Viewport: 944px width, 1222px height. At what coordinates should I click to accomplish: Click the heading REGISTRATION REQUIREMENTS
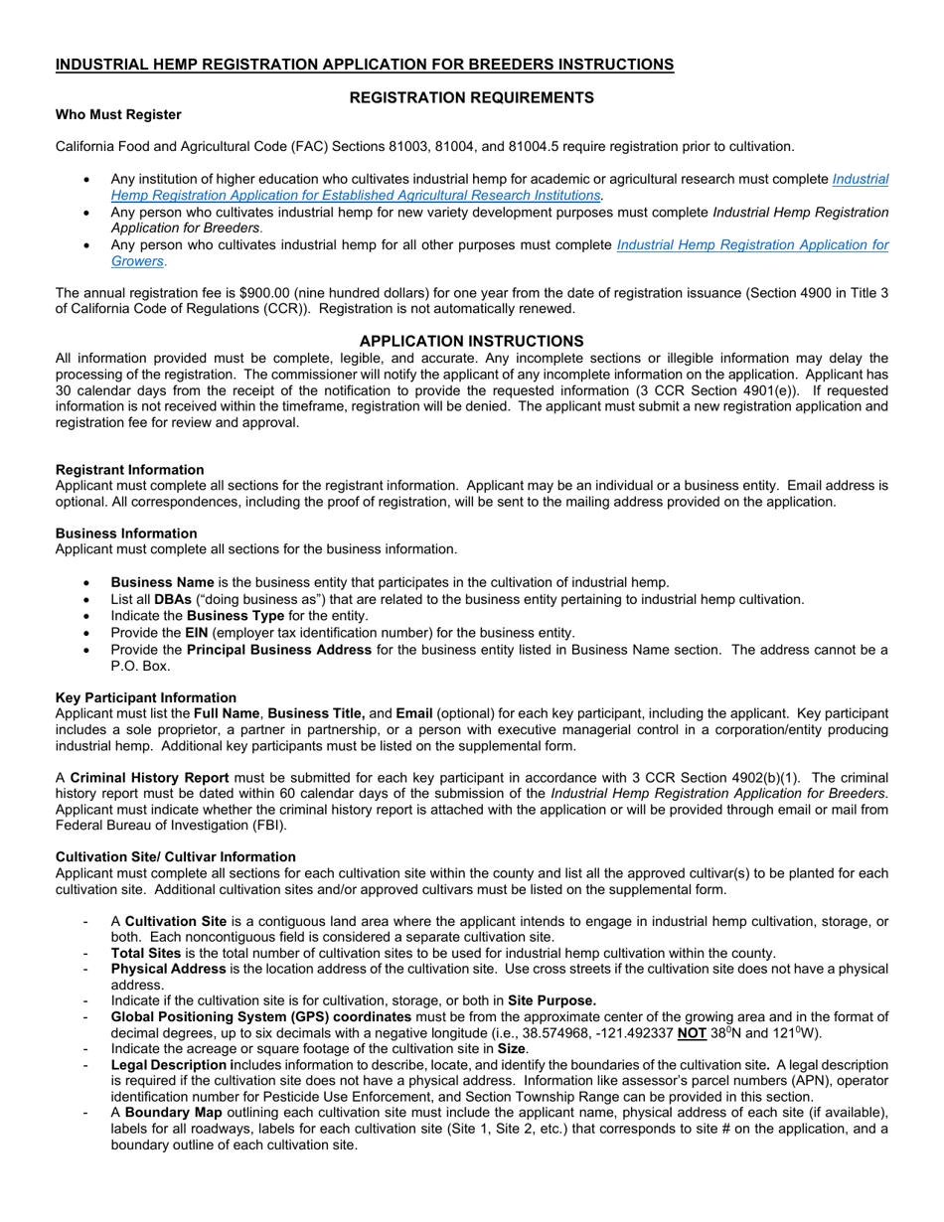tap(472, 97)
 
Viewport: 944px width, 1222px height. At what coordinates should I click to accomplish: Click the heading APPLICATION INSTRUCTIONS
tap(471, 341)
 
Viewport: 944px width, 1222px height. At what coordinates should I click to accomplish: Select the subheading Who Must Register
tap(118, 114)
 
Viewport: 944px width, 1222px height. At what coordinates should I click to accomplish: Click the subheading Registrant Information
tap(129, 470)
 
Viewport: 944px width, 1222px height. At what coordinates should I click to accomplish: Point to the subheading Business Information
tap(126, 534)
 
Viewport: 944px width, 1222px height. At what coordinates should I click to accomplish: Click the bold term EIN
tap(197, 632)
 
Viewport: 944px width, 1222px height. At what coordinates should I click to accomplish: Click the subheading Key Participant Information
tap(146, 697)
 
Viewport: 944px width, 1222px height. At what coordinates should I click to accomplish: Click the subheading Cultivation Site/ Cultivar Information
tap(175, 856)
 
